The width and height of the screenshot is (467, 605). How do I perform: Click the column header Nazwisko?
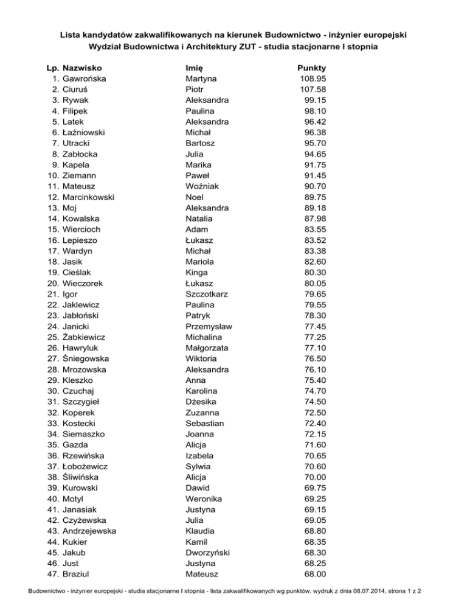pos(82,68)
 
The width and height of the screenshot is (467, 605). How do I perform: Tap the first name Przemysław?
pos(209,326)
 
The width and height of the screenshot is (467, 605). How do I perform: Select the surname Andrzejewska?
pos(90,531)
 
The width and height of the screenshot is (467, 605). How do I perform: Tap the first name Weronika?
pos(204,498)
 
